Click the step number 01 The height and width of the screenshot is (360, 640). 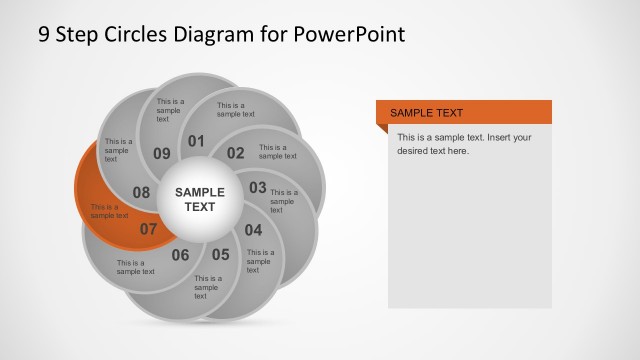click(x=196, y=141)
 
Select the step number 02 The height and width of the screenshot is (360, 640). click(x=235, y=153)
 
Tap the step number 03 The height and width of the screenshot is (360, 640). click(x=258, y=187)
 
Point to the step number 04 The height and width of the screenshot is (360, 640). click(x=253, y=229)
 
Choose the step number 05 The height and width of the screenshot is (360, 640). click(x=220, y=254)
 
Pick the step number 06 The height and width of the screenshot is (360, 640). click(x=180, y=255)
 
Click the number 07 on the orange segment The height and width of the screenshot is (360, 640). click(x=148, y=229)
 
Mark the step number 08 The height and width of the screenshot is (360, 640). click(x=141, y=192)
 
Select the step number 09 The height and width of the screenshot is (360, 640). click(x=162, y=153)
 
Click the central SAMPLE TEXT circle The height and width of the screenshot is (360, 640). click(x=201, y=199)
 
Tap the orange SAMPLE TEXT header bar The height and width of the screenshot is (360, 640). click(x=464, y=113)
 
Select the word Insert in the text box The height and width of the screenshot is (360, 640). click(x=498, y=137)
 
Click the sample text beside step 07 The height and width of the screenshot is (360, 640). click(x=109, y=211)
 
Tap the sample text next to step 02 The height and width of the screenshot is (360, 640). click(x=277, y=151)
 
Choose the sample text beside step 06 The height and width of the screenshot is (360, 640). click(x=135, y=267)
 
